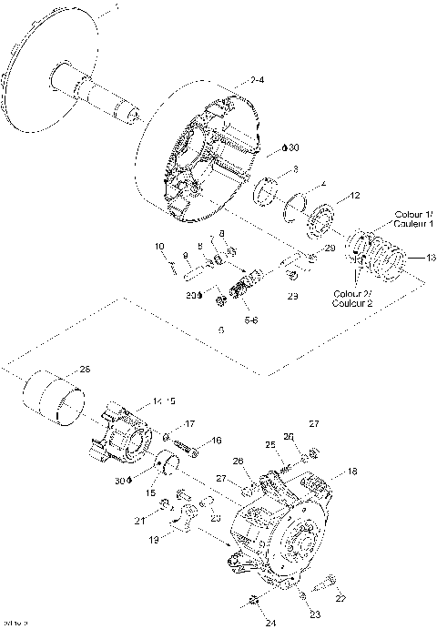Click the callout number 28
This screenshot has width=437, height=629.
point(86,369)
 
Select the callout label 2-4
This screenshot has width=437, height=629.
point(258,82)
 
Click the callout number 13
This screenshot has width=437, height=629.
point(418,258)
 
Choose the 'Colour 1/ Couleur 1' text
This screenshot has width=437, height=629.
point(414,218)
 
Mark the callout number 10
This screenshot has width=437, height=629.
point(158,246)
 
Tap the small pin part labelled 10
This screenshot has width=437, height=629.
point(172,266)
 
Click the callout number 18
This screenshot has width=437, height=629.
point(353,472)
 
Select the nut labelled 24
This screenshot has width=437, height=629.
point(255,600)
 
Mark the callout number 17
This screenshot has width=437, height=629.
point(190,424)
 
